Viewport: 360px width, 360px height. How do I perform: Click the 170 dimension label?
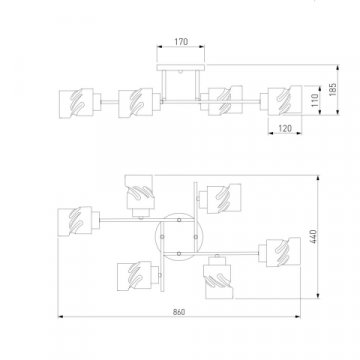[x=181, y=42]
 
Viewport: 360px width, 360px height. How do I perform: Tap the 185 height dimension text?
[x=333, y=89]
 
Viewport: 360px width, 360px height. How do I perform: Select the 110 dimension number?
[x=315, y=100]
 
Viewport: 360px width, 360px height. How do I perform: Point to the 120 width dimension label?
[x=285, y=128]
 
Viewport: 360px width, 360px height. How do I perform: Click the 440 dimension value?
[x=314, y=236]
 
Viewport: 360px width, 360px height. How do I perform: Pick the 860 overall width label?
[x=179, y=312]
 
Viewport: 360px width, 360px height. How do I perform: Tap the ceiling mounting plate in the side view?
[x=180, y=68]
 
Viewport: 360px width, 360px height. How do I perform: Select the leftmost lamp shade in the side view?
[x=76, y=103]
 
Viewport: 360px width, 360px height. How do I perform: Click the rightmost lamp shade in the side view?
[x=285, y=100]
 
